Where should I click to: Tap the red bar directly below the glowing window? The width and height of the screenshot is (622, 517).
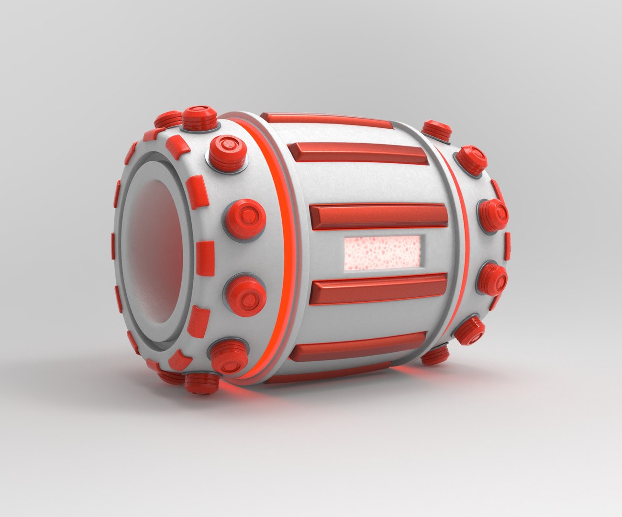[378, 289]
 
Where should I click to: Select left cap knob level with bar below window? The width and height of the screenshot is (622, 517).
[245, 293]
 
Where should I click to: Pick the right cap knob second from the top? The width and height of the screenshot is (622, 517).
[471, 159]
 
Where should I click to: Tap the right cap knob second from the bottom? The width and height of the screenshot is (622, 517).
[469, 330]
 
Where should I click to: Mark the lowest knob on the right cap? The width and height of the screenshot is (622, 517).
[435, 355]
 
